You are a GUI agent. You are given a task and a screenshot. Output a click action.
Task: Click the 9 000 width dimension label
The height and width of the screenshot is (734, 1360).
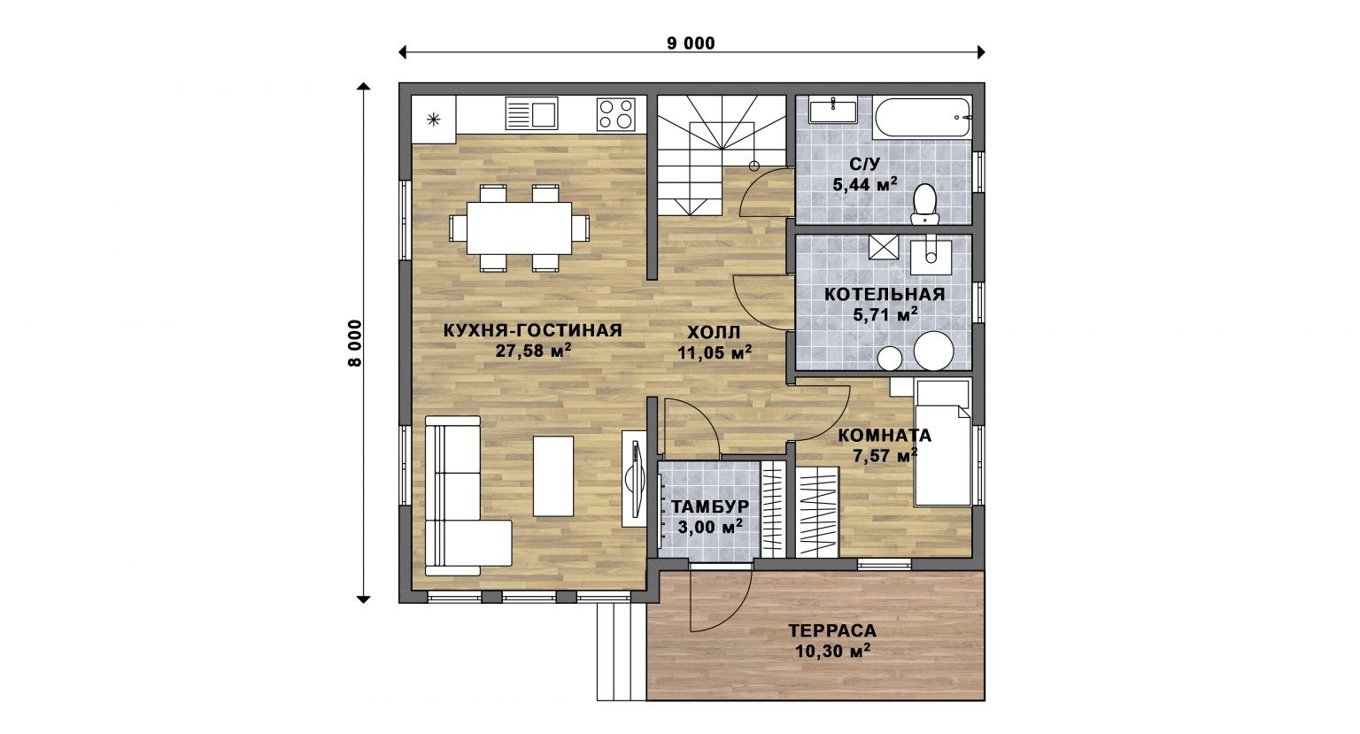[x=691, y=43]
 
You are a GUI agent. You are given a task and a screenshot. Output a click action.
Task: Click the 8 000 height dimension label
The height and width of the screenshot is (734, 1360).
[x=354, y=344]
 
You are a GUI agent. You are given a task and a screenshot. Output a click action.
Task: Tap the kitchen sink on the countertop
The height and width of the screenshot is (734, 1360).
[x=531, y=113]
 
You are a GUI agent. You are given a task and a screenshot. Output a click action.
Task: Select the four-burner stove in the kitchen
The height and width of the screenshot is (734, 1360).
[x=615, y=114]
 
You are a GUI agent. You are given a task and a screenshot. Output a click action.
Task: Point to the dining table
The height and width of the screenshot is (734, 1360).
[x=519, y=228]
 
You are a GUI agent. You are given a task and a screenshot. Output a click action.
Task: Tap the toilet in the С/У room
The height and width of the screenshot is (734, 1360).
[x=924, y=205]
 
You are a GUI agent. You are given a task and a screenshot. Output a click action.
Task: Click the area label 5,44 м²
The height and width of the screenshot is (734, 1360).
[x=865, y=184]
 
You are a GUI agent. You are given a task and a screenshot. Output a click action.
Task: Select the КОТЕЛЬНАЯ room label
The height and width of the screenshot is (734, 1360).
[x=885, y=295]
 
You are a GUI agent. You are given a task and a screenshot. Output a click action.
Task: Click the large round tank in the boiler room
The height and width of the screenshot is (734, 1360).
[x=934, y=351]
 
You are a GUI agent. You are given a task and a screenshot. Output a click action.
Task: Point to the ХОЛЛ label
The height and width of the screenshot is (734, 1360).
[x=714, y=332]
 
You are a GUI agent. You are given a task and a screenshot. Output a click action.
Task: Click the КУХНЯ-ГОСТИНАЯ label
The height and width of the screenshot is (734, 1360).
[x=533, y=330]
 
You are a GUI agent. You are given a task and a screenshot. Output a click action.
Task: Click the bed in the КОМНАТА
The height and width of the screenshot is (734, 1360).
[x=943, y=444]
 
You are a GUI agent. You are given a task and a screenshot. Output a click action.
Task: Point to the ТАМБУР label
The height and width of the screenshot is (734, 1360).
[x=710, y=506]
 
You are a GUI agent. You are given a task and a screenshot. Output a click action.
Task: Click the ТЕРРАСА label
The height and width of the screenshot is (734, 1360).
[x=832, y=630]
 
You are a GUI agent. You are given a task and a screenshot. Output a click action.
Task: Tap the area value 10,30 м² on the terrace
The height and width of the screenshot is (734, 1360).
[x=833, y=652]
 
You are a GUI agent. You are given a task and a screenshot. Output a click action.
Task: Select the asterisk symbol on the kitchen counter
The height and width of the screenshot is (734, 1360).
[x=434, y=119]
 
